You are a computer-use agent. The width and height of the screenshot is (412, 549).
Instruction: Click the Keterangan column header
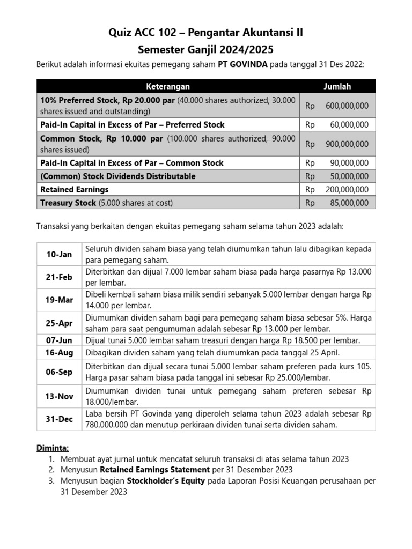point(168,86)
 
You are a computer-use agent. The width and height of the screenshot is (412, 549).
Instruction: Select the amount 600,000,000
point(347,106)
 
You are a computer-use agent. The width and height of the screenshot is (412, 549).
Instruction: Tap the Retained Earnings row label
point(75,189)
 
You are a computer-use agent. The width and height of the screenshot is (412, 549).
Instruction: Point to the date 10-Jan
point(59,254)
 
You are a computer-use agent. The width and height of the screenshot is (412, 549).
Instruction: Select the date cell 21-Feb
point(59,277)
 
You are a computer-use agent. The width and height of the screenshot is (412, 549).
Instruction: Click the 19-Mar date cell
point(59,300)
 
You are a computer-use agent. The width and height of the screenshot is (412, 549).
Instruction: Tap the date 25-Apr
point(59,323)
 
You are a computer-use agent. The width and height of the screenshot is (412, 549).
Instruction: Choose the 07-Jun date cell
point(59,340)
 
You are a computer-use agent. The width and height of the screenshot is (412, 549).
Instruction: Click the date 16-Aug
point(59,353)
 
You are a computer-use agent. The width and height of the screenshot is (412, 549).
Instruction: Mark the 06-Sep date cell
point(59,371)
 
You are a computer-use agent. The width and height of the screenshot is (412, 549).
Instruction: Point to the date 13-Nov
point(59,396)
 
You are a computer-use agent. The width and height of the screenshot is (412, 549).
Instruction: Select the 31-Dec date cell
point(59,419)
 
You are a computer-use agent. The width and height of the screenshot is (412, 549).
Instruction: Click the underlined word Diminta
point(52,448)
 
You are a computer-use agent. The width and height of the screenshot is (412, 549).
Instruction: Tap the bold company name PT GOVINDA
point(242,64)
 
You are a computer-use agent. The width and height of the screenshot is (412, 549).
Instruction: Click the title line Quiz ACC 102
point(206,33)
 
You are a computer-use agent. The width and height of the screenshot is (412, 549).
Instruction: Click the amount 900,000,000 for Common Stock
point(347,144)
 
